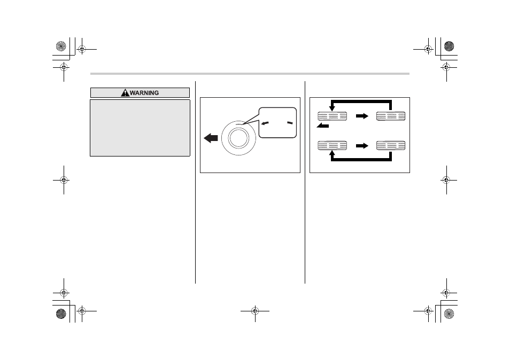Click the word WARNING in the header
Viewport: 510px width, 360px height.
coord(144,93)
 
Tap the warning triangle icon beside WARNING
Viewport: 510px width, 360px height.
coord(125,93)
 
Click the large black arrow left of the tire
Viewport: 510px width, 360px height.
coord(211,138)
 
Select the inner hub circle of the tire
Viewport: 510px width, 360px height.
coord(238,138)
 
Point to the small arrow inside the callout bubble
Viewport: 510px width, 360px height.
coord(265,123)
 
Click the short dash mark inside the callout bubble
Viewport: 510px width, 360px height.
coord(290,123)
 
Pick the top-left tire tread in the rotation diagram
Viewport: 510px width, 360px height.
coord(332,116)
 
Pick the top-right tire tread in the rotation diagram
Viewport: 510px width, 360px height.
coord(391,116)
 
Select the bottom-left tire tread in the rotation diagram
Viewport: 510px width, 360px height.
coord(332,145)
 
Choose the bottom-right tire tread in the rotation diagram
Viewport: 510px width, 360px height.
coord(391,145)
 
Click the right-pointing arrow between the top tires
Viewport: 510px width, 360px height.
coord(362,116)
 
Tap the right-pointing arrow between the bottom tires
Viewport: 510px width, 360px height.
coord(362,146)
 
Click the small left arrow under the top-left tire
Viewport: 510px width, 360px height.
coord(323,126)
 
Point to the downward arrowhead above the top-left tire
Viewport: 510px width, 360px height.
coord(332,108)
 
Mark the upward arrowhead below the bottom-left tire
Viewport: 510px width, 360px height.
coord(332,153)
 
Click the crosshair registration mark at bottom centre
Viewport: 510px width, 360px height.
coord(255,311)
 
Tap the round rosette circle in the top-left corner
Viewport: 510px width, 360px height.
coord(61,46)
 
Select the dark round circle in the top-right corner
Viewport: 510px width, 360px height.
coord(449,46)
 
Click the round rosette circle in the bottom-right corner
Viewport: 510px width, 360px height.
coord(449,314)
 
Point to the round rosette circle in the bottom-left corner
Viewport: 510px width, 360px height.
coord(61,314)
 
